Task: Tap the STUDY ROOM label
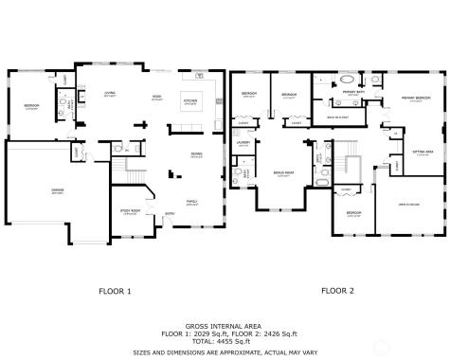point(130,211)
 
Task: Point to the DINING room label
point(196,154)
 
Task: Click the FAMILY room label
point(191,202)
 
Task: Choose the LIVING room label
point(110,93)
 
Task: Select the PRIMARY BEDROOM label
point(417,98)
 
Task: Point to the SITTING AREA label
point(423,152)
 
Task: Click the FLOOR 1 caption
point(116,290)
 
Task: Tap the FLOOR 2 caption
point(336,290)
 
